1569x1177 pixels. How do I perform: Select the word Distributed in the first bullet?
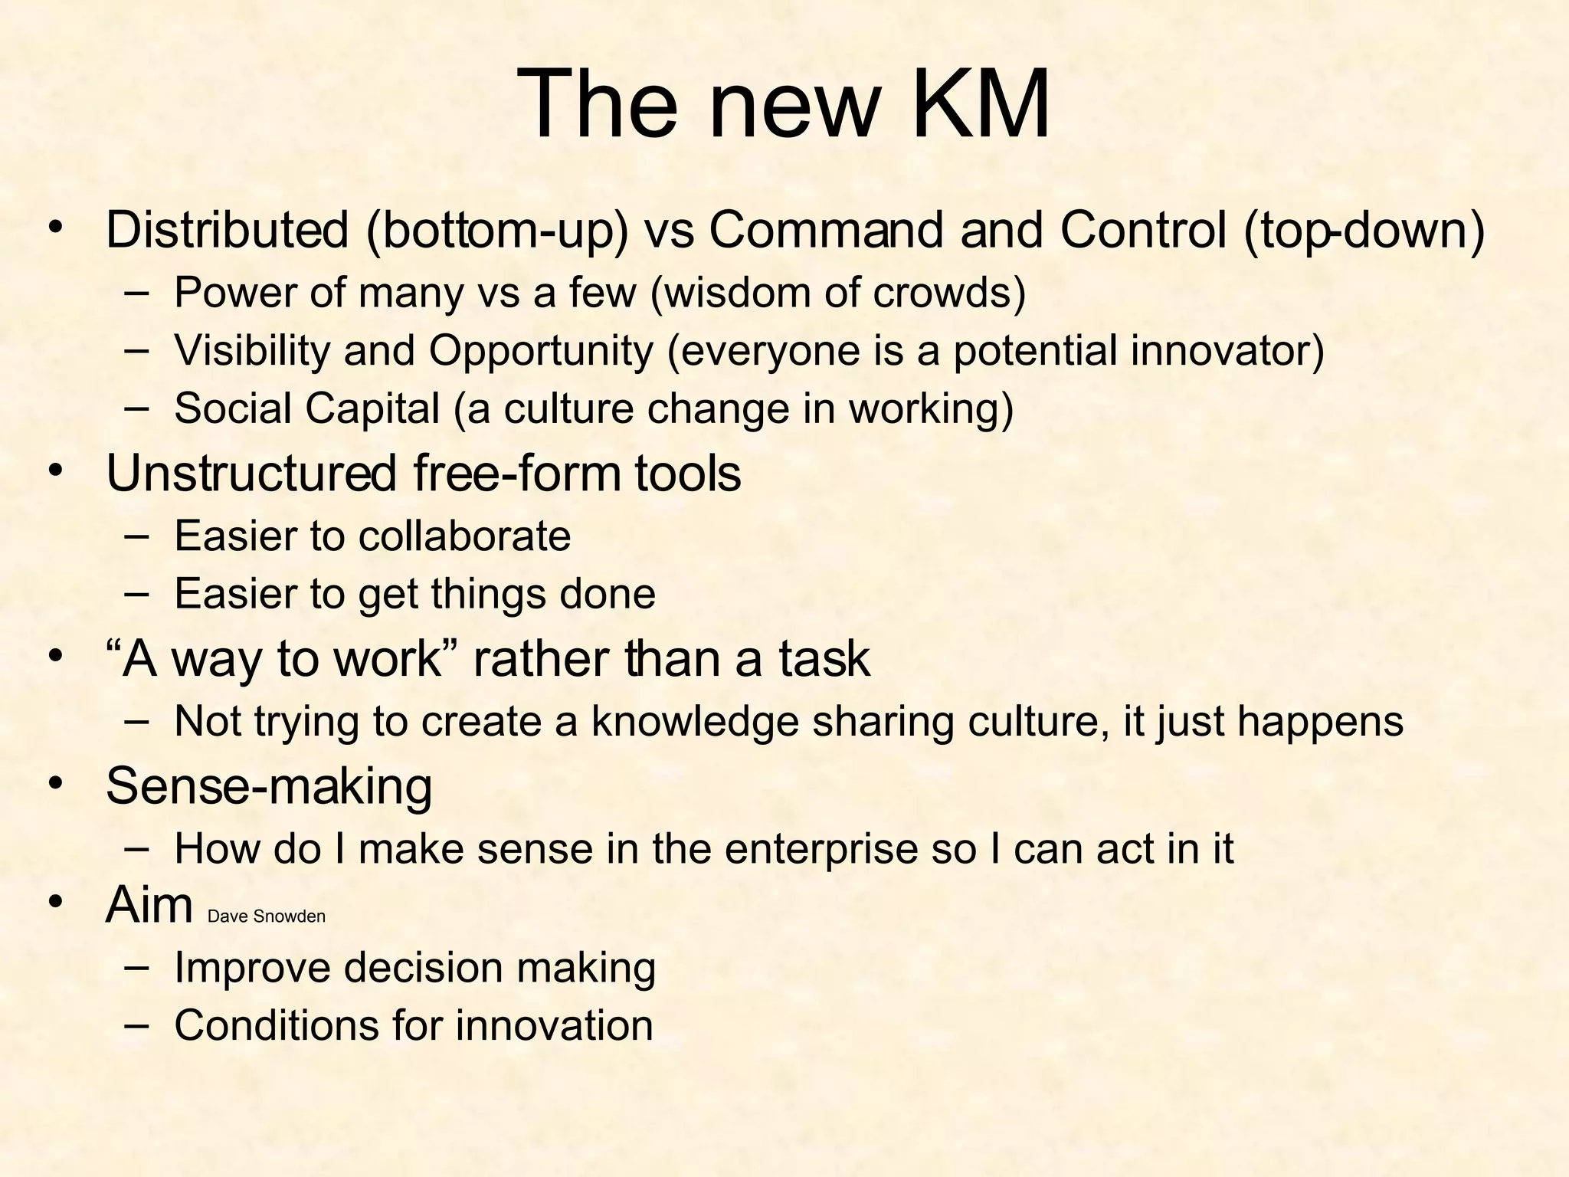[227, 230]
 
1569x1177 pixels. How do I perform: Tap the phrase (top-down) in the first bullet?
[1364, 230]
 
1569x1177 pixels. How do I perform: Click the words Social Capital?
[306, 408]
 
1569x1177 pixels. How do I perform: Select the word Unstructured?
[251, 474]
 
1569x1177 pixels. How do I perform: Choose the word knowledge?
[694, 722]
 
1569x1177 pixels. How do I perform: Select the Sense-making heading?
[269, 786]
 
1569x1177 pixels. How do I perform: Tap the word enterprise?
[821, 849]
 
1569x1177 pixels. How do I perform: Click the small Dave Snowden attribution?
[267, 916]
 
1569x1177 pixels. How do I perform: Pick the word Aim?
[149, 906]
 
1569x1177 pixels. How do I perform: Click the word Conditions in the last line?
[276, 1025]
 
